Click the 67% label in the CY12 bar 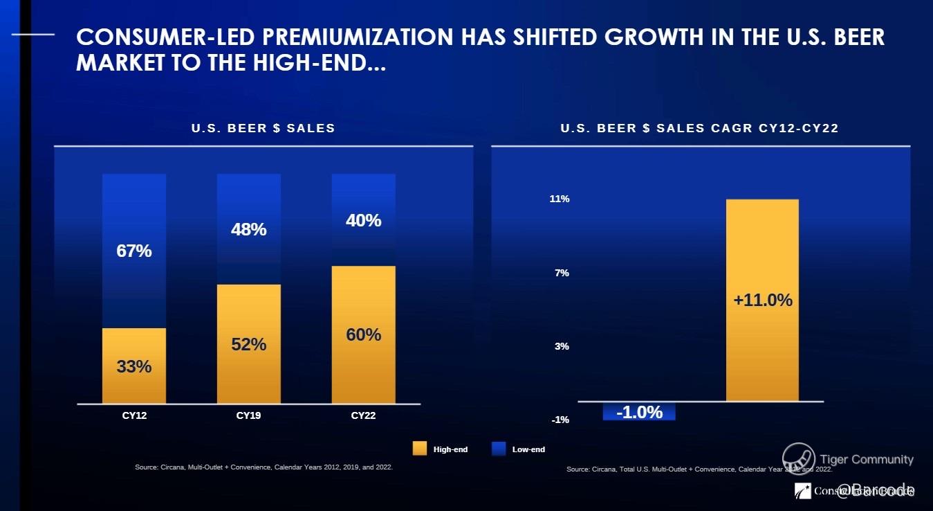pos(133,251)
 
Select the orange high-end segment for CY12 pos(133,366)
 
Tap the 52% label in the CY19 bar pos(249,344)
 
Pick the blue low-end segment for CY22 pos(364,219)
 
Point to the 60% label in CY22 pos(364,334)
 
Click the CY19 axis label pos(249,416)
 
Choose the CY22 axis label pos(364,416)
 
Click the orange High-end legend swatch pos(419,449)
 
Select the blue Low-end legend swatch pos(498,449)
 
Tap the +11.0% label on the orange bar pos(762,301)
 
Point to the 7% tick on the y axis pos(562,273)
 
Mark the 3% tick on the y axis pos(562,346)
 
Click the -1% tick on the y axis pos(561,420)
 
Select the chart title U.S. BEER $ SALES pos(264,128)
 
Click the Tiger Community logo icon pos(798,459)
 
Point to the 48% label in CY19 pos(249,229)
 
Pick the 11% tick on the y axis pos(560,199)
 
